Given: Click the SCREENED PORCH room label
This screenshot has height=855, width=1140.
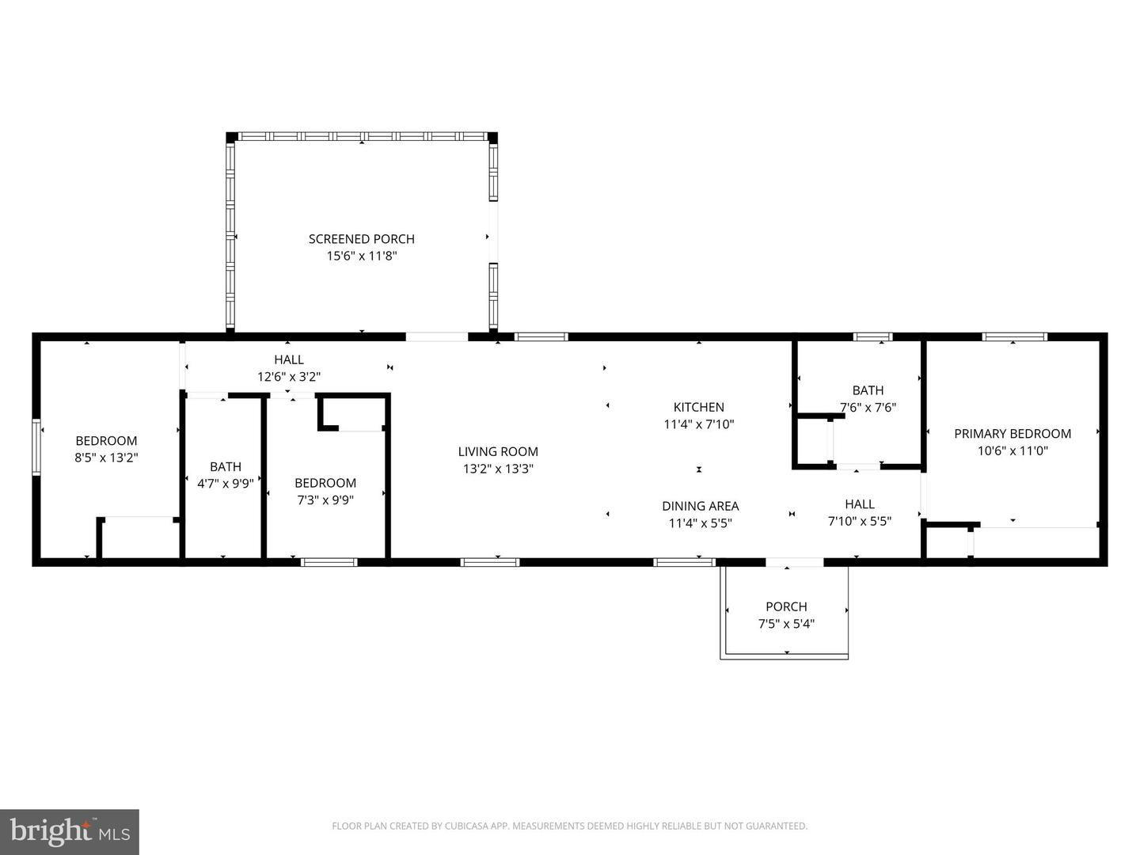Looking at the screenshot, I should click(x=361, y=238).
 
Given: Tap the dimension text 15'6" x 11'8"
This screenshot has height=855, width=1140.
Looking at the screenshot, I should click(x=361, y=256).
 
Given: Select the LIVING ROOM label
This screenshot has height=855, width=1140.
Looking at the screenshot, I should click(x=498, y=451).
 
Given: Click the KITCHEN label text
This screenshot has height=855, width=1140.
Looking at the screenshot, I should click(x=698, y=407).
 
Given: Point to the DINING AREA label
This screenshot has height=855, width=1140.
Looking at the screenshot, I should click(x=700, y=506).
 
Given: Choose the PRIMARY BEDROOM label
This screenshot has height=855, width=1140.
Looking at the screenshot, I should click(x=1012, y=433).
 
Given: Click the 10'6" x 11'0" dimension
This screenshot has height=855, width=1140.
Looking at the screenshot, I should click(x=1012, y=450).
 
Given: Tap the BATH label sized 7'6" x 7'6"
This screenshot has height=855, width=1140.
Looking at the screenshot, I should click(x=868, y=390).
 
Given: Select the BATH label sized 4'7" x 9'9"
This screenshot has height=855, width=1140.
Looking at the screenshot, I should click(x=226, y=466).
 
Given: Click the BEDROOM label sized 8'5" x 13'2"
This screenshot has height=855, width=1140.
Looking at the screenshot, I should click(x=106, y=440).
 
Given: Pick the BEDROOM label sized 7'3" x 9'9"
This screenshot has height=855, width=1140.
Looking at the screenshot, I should click(x=325, y=482).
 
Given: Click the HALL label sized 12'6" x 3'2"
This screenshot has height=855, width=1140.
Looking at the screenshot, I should click(x=289, y=359).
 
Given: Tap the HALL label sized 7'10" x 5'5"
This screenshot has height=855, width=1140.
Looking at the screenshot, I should click(x=859, y=503).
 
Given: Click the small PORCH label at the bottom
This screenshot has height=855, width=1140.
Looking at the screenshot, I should click(x=786, y=606).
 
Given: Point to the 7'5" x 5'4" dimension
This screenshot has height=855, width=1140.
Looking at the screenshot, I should click(x=786, y=624).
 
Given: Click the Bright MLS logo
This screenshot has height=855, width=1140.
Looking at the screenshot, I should click(x=70, y=831).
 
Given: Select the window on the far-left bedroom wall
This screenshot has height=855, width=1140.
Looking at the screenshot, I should click(x=36, y=447).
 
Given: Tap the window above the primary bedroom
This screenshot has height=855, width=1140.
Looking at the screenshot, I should click(x=1014, y=336).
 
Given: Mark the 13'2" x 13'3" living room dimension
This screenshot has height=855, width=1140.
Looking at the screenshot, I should click(x=498, y=469).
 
